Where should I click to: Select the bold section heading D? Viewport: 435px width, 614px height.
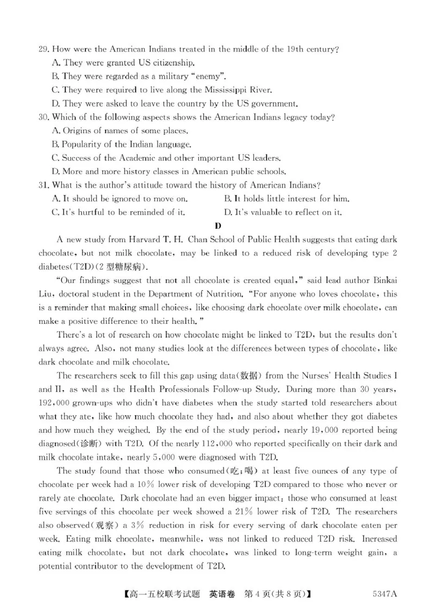coord(217,225)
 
